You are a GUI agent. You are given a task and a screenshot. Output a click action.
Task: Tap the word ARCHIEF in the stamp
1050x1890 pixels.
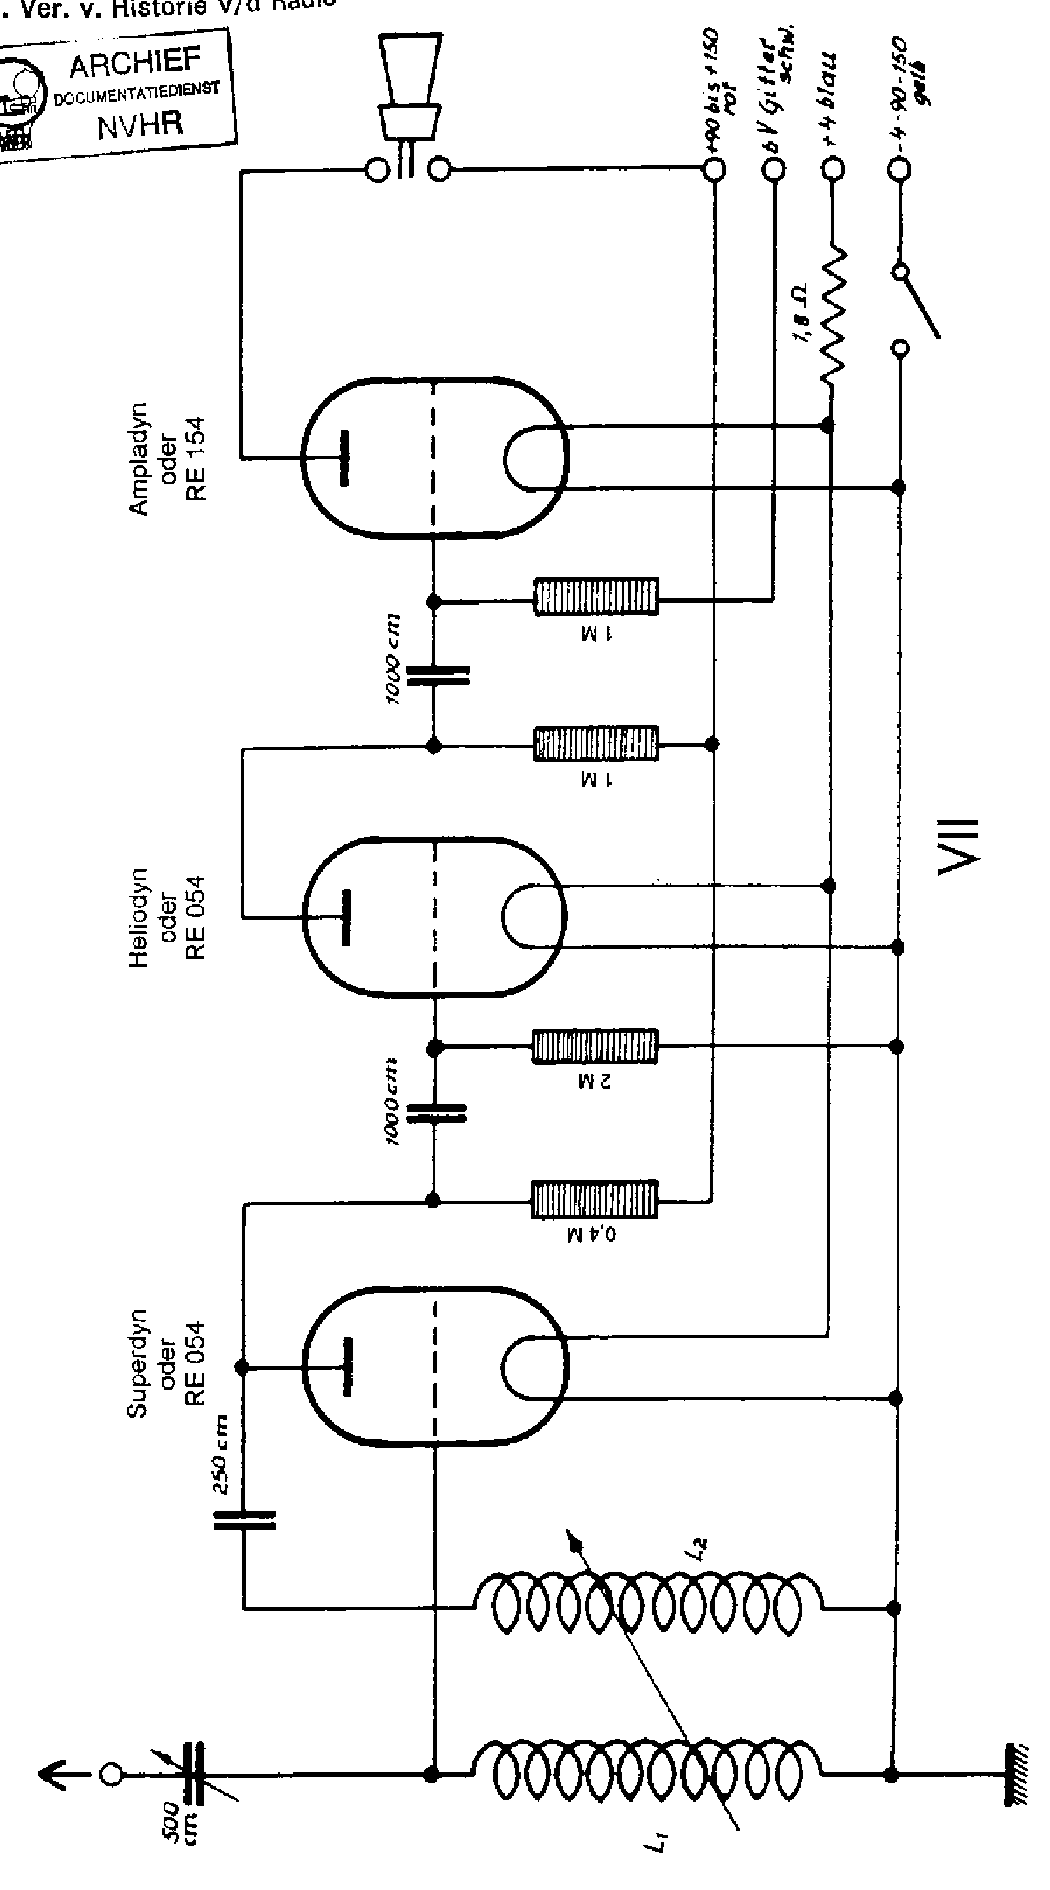(135, 64)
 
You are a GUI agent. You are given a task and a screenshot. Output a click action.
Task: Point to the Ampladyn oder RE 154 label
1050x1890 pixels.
(168, 459)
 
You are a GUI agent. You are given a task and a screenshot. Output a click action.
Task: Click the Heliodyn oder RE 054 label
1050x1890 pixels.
(168, 917)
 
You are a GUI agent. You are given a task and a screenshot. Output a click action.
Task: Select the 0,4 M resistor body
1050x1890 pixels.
(594, 1199)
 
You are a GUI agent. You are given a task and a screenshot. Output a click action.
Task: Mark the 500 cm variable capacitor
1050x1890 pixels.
(197, 1774)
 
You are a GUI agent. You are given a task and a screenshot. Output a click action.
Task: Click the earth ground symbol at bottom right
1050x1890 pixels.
(1016, 1774)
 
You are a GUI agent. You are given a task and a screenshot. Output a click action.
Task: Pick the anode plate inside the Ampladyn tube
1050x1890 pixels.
(344, 458)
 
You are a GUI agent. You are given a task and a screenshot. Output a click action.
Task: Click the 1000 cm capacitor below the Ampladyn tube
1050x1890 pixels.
(437, 675)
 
